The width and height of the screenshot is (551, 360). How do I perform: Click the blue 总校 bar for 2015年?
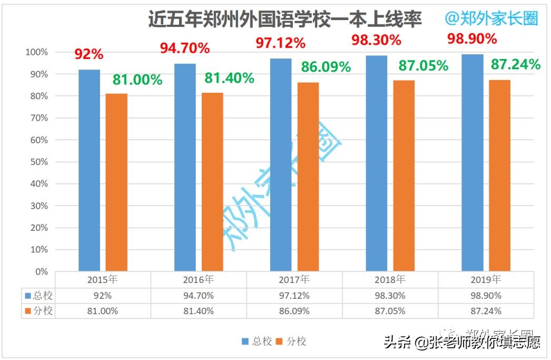click(x=89, y=170)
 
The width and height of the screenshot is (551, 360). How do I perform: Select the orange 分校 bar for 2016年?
click(x=212, y=182)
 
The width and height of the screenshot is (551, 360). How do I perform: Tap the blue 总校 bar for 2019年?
click(x=473, y=163)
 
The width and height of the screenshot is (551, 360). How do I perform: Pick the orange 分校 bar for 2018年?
click(x=404, y=176)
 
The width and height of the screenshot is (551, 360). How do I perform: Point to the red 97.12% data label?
click(x=280, y=42)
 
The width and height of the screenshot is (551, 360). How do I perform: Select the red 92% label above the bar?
click(x=88, y=54)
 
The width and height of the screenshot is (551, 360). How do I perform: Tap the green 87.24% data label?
click(x=515, y=65)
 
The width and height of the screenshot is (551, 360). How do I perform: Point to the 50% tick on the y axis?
click(x=37, y=162)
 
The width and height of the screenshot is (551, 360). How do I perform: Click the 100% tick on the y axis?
click(x=36, y=52)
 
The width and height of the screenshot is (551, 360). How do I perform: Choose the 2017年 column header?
click(x=294, y=279)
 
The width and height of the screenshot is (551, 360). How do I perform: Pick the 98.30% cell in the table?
click(x=390, y=296)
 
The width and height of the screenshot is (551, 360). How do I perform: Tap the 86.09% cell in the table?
click(x=294, y=311)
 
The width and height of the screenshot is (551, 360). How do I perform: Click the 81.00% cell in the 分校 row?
click(x=103, y=311)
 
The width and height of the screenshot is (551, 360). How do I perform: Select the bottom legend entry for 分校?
click(x=291, y=342)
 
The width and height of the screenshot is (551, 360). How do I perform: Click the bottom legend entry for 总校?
click(x=257, y=342)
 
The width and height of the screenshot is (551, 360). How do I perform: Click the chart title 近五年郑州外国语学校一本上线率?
click(x=284, y=20)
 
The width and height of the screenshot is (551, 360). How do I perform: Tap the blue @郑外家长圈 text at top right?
click(x=491, y=18)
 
